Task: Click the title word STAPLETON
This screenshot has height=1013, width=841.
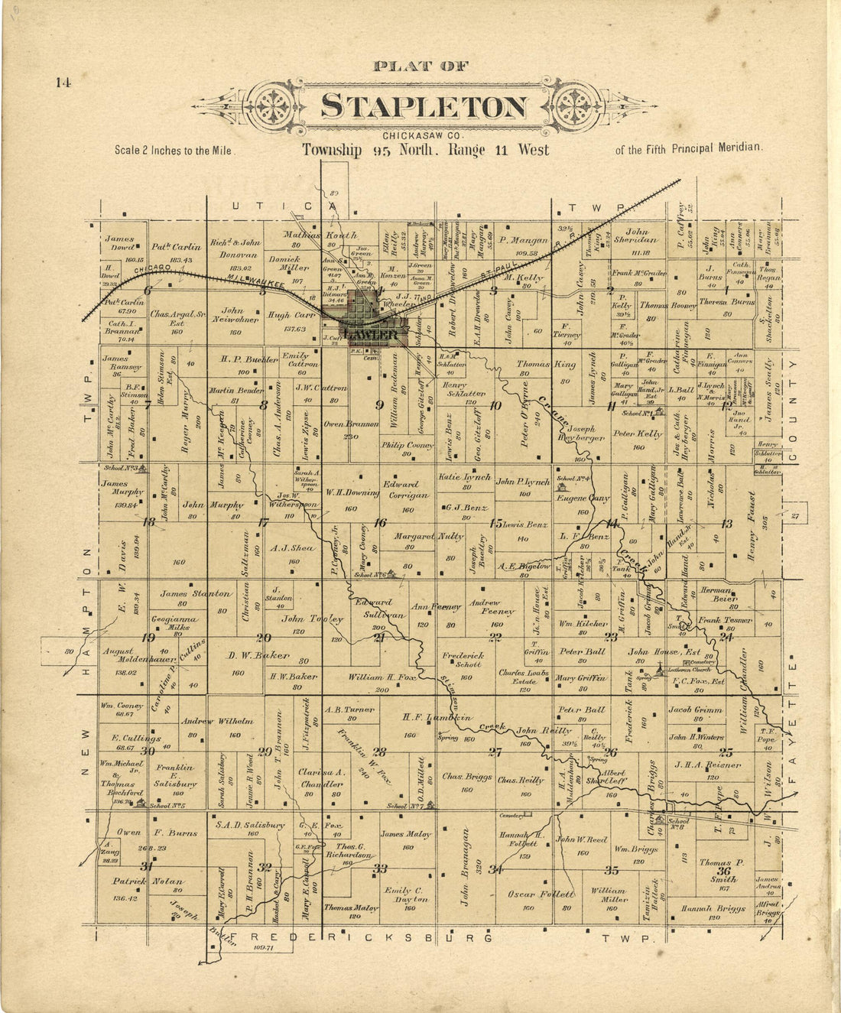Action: [424, 107]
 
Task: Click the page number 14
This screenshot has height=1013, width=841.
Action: [63, 83]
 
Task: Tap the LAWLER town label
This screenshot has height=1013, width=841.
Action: [371, 336]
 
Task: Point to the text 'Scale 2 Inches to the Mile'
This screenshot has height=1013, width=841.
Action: [173, 151]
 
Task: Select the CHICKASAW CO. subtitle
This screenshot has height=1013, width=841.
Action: [424, 136]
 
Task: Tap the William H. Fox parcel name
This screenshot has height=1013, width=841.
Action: [379, 677]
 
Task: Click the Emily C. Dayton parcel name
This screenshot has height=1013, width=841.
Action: [408, 895]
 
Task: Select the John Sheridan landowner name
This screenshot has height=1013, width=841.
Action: [637, 236]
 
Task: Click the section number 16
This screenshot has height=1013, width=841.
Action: [379, 523]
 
